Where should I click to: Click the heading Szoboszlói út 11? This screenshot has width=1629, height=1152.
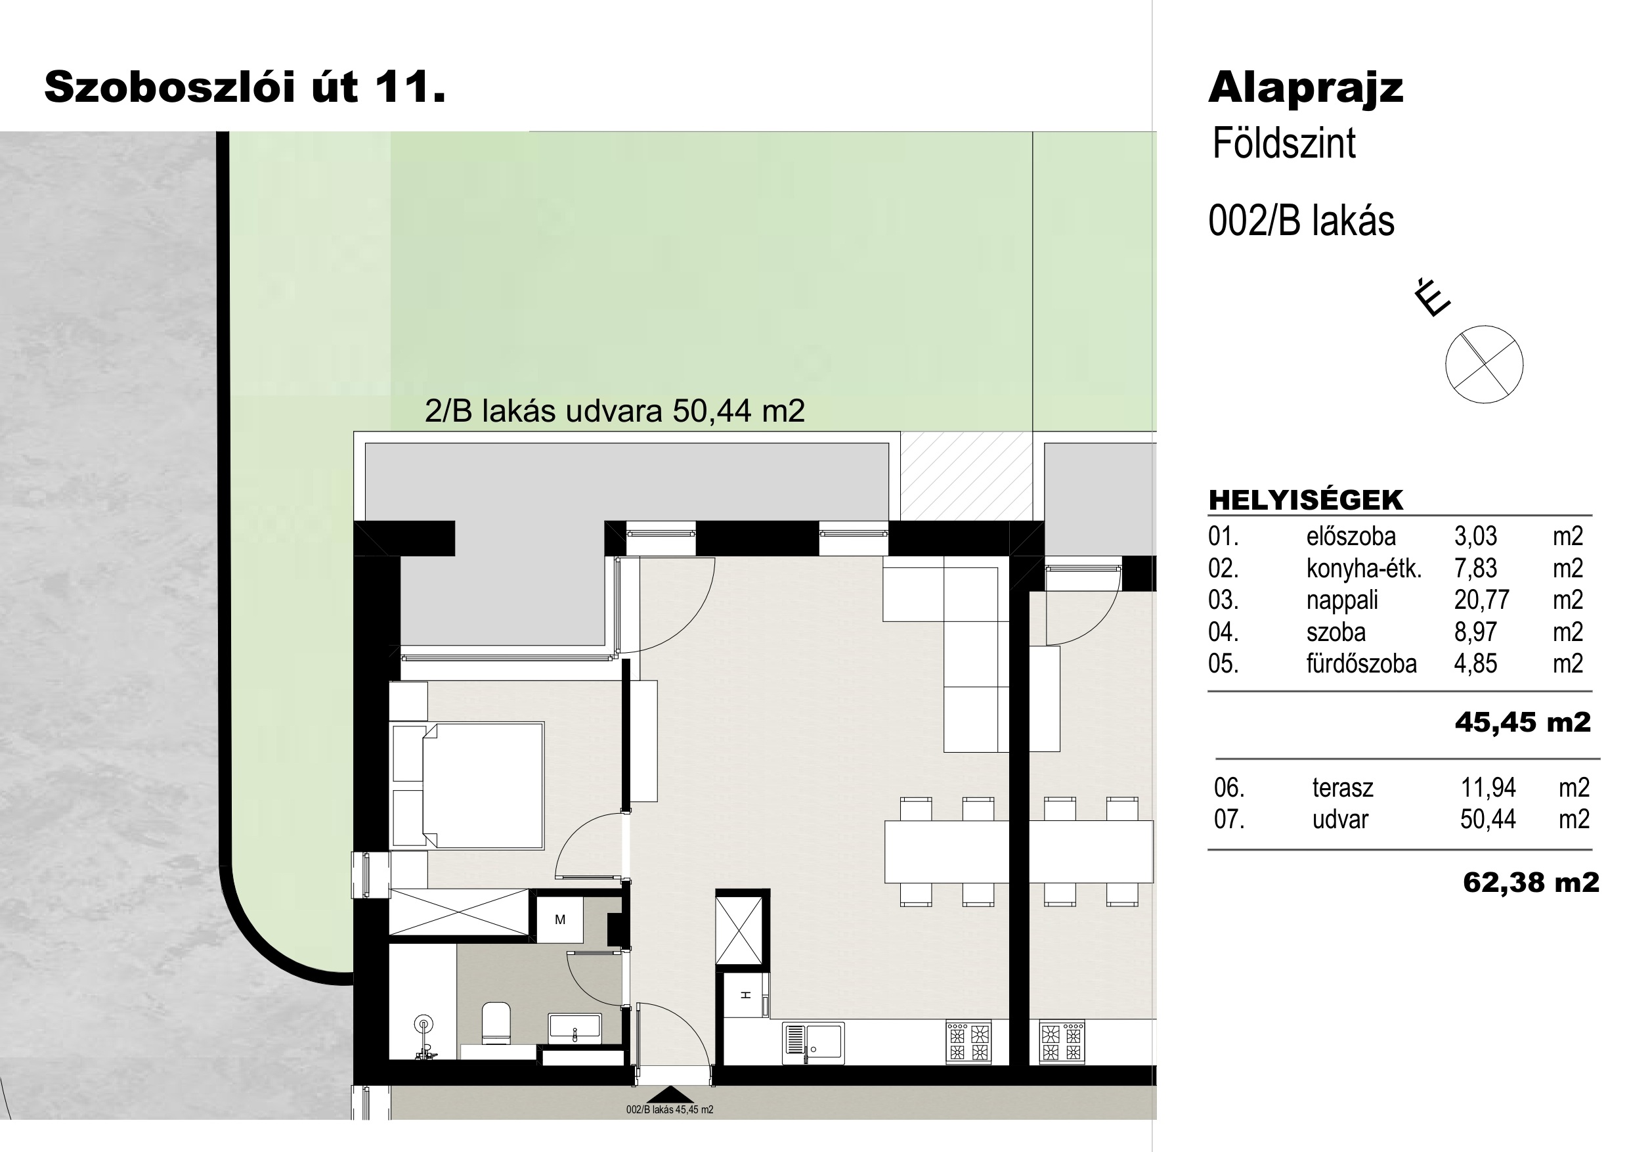pos(245,87)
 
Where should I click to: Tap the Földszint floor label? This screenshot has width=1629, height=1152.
pos(1284,143)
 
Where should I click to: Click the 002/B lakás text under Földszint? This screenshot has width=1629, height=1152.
pos(1301,221)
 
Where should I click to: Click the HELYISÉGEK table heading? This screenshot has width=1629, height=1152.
pos(1305,500)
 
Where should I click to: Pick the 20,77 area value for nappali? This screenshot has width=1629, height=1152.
pos(1481,600)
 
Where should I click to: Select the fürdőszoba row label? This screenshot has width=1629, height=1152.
pos(1362,663)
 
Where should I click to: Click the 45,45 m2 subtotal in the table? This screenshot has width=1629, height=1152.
pos(1523,722)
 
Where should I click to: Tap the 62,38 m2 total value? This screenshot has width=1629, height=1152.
pos(1531,883)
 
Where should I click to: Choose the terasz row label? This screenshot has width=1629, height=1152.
pos(1342,788)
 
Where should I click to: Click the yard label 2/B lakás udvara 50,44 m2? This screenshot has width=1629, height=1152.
pos(615,411)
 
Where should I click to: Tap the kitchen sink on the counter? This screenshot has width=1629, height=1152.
pos(814,1043)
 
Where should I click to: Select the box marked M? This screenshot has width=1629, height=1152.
pos(560,920)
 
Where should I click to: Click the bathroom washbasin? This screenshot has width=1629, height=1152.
pos(575,1029)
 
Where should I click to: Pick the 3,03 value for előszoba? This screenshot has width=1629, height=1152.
pos(1476,537)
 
